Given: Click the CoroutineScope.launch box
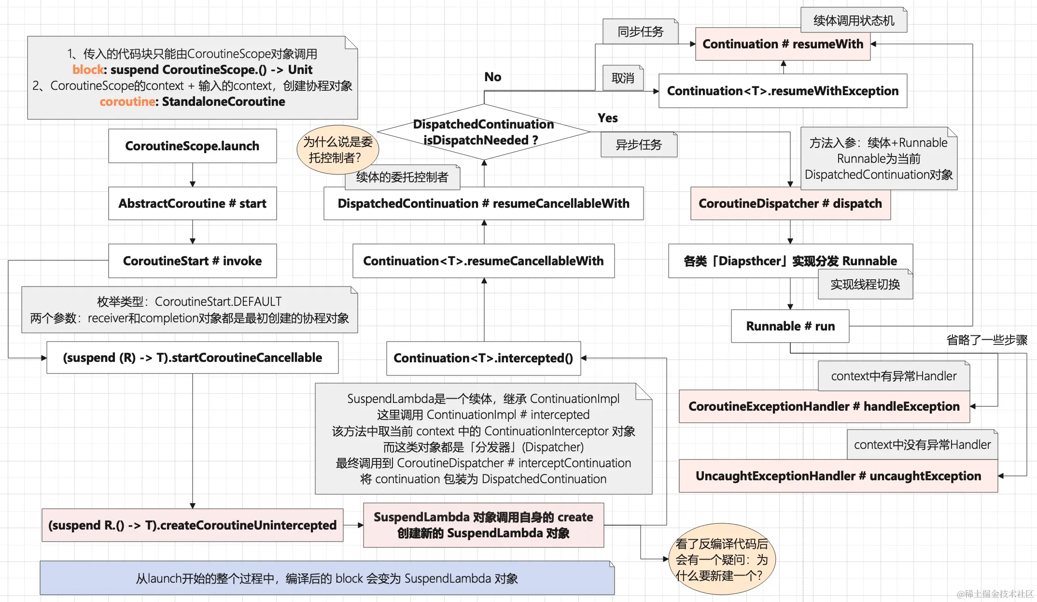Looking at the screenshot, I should click(x=192, y=146).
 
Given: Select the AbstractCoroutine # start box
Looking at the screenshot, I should click(x=192, y=203).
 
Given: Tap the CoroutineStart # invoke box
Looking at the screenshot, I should click(x=192, y=261).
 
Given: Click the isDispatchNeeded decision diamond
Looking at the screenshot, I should click(x=483, y=132).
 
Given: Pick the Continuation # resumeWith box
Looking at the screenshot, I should click(x=783, y=44).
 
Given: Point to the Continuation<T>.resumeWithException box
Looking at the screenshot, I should click(x=783, y=91).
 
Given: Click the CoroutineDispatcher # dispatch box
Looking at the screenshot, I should click(x=790, y=203).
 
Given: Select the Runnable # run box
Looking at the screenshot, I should click(x=790, y=326).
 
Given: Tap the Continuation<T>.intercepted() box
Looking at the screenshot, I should click(x=483, y=358).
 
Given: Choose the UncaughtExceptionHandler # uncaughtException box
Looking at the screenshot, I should click(x=838, y=476).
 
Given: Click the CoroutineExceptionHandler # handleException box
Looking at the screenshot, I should click(x=824, y=406).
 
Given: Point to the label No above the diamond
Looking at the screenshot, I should click(x=492, y=77).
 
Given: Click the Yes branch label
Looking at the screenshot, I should click(x=607, y=118).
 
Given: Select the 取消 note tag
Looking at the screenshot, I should click(x=623, y=78).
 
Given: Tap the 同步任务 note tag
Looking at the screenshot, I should click(x=640, y=32).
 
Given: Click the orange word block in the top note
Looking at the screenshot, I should click(x=87, y=70).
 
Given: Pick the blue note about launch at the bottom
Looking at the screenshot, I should click(x=327, y=578).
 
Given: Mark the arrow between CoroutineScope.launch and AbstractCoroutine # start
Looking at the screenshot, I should click(x=193, y=175).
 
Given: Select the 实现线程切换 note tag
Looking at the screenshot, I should click(x=865, y=285).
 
